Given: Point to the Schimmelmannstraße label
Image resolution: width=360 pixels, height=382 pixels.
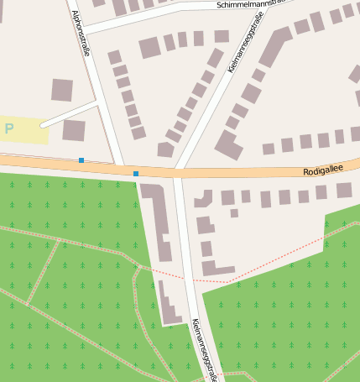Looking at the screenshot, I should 251,3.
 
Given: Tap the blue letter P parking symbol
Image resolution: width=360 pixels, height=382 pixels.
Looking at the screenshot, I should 9,128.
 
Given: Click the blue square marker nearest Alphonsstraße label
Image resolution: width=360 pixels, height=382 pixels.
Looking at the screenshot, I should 81,160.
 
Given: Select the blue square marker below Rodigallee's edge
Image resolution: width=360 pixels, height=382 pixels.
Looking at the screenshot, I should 136,174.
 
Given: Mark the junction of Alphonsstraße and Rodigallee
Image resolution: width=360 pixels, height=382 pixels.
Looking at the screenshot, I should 119,166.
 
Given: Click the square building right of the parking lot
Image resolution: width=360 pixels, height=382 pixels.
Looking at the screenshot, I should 74,130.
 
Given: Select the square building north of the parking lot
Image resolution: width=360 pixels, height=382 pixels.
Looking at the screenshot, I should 62,90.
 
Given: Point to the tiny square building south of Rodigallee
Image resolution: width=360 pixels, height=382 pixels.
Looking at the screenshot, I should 234,213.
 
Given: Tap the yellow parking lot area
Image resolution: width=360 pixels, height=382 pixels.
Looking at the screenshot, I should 24,130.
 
